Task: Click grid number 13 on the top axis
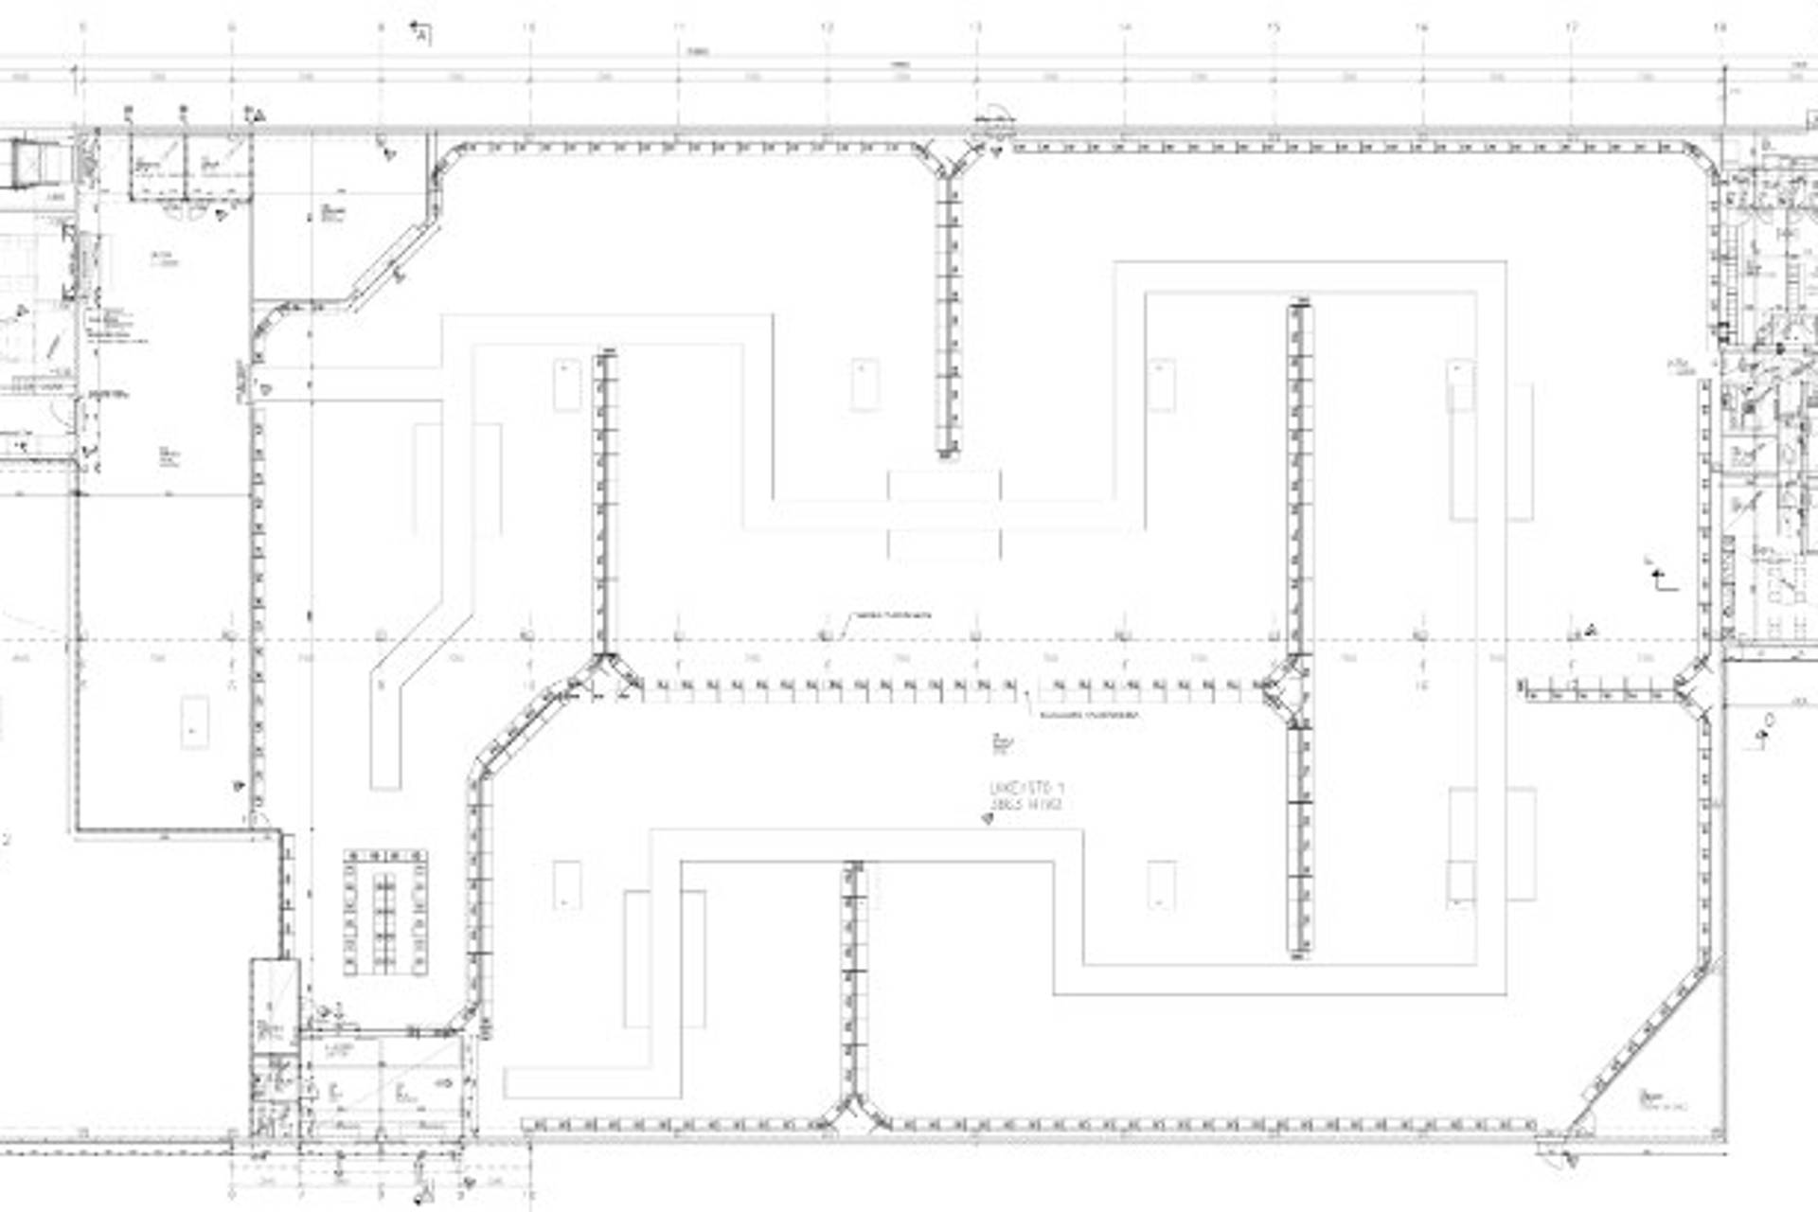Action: [x=976, y=27]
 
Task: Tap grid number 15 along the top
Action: [x=1274, y=27]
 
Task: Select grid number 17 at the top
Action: [x=1572, y=27]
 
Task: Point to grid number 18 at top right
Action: [x=1720, y=27]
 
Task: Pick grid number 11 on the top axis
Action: [x=679, y=27]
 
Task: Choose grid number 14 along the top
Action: [x=1125, y=27]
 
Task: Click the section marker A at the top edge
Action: [x=421, y=34]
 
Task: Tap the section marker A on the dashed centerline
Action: [x=1591, y=630]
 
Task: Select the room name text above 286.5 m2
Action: [x=1026, y=788]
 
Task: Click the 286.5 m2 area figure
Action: [x=1026, y=805]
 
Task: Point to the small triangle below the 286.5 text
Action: [x=988, y=819]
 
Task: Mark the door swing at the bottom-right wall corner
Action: [x=1553, y=1153]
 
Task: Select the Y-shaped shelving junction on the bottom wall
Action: [x=855, y=1115]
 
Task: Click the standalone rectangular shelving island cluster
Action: [x=384, y=912]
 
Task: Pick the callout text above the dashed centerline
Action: [x=892, y=615]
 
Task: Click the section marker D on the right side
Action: [x=1768, y=722]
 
